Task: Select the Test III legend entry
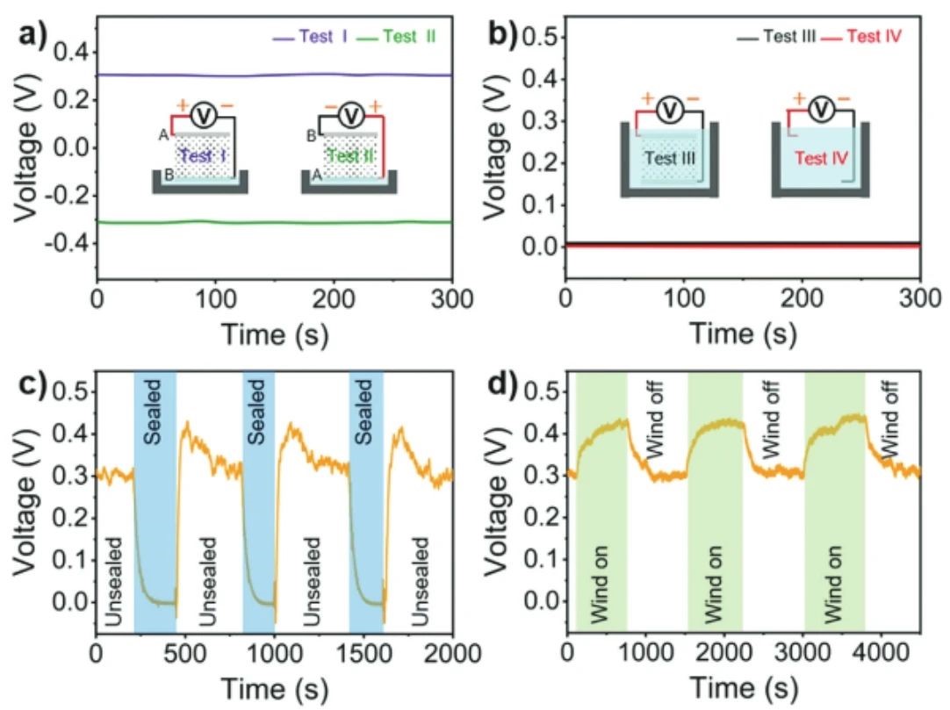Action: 778,37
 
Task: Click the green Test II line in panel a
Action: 263,222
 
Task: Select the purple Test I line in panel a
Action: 263,75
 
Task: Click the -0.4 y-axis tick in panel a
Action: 68,245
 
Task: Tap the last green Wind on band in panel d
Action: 835,500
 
